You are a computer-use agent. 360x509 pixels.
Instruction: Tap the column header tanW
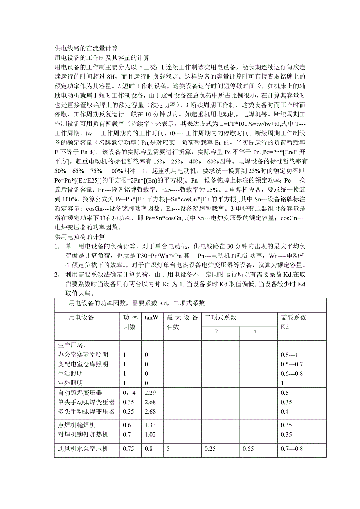(x=151, y=317)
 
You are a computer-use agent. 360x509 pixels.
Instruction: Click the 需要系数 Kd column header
(x=294, y=322)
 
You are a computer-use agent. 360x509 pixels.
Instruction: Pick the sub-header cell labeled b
(x=217, y=332)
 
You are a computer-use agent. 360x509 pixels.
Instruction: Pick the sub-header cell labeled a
(x=255, y=332)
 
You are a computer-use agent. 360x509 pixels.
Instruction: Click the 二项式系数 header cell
(x=221, y=317)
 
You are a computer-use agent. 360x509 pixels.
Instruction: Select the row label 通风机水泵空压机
(x=83, y=449)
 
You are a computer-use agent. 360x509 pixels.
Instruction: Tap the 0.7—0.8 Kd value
(x=292, y=449)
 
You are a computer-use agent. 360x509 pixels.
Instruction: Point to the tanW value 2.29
(x=150, y=393)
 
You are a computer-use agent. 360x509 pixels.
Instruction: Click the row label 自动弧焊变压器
(x=80, y=393)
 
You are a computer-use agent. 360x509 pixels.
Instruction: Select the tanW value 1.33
(x=150, y=425)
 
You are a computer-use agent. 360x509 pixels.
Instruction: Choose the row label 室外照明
(x=70, y=383)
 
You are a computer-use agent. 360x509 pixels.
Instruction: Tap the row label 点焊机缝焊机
(x=77, y=425)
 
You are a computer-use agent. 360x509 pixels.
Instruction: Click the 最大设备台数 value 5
(x=168, y=449)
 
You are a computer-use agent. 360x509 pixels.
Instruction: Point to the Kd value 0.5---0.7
(x=292, y=364)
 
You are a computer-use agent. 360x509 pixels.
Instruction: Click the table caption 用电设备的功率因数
(x=137, y=303)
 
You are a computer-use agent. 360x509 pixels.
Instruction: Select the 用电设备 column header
(x=81, y=317)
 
